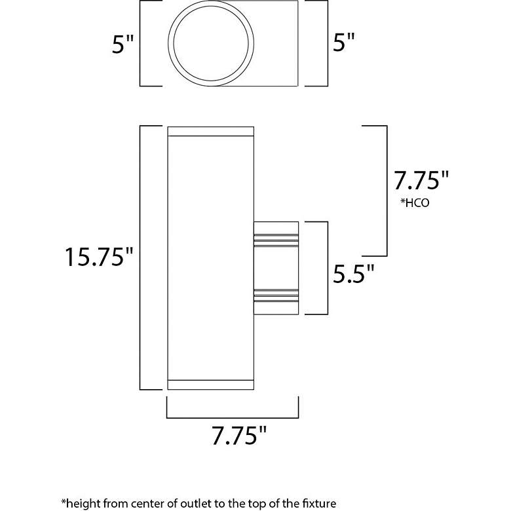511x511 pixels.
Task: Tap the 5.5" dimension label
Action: click(353, 273)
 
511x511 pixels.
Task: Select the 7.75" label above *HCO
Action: click(421, 181)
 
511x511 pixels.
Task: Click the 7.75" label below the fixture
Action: click(239, 436)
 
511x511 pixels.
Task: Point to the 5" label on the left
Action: click(123, 45)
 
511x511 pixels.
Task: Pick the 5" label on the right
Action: click(343, 42)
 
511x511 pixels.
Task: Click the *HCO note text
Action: click(415, 203)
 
